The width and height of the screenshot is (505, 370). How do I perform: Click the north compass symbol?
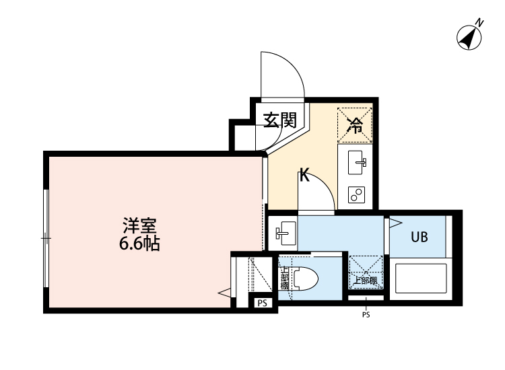tap(470, 37)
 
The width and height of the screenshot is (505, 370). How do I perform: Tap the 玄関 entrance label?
tap(279, 120)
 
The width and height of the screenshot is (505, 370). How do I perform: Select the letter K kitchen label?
tap(304, 177)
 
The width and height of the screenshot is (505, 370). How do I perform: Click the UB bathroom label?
tap(419, 237)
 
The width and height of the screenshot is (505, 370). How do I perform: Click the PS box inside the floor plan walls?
tap(263, 303)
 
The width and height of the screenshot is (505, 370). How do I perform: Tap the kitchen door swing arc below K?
tap(316, 192)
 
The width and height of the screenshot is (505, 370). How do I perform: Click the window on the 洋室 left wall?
tap(46, 237)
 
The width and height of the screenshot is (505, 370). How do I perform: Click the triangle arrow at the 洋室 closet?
tap(224, 292)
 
